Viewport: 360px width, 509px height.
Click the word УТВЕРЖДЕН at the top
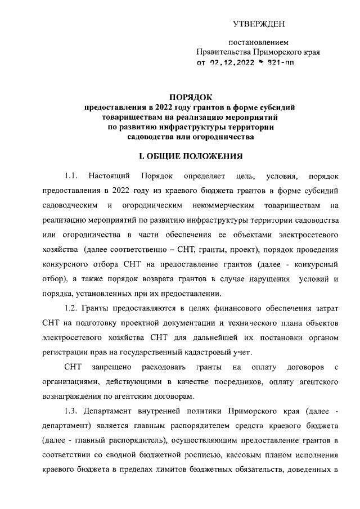pos(259,24)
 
